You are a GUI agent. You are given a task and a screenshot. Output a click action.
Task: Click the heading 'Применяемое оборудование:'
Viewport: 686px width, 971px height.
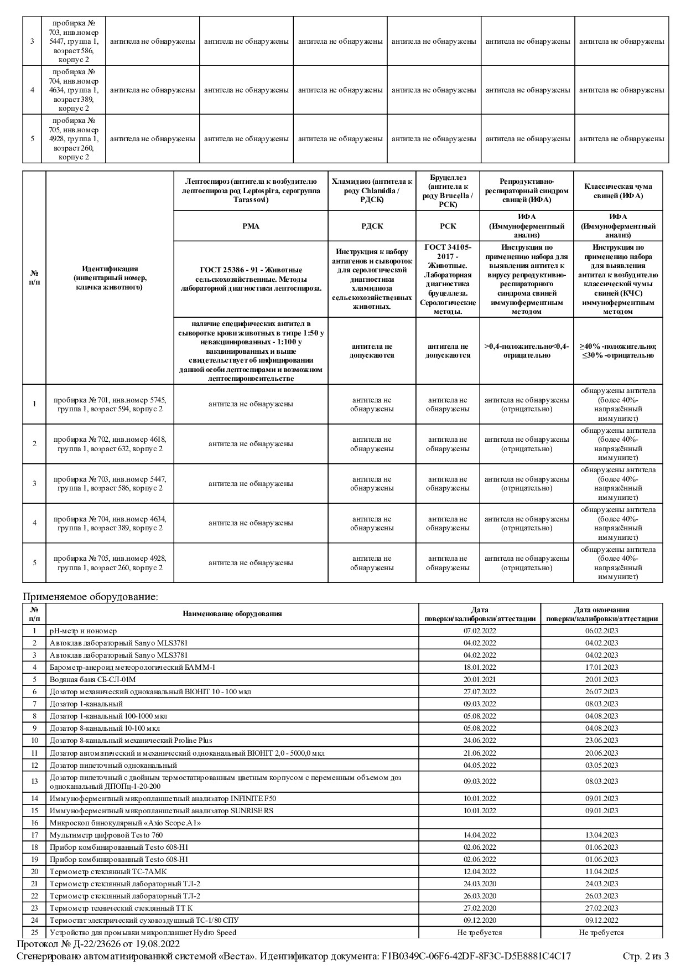coord(90,597)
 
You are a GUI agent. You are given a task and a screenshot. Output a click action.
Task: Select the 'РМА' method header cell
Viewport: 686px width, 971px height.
coord(251,226)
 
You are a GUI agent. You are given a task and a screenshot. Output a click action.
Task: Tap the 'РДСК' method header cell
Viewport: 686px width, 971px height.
coord(372,226)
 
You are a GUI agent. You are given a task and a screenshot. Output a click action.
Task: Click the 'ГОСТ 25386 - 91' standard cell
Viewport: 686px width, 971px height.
coord(251,279)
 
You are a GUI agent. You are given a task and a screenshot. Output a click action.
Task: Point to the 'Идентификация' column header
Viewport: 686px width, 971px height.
coord(110,278)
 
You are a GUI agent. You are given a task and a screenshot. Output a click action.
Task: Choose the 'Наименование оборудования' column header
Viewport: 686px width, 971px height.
coord(232,613)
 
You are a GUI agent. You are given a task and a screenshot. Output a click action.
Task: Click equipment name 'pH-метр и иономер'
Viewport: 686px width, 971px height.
coord(83,631)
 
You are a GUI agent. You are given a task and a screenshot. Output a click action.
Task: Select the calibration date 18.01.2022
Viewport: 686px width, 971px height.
coord(480,667)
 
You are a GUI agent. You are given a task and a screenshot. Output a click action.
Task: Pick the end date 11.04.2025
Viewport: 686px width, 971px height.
coord(601,871)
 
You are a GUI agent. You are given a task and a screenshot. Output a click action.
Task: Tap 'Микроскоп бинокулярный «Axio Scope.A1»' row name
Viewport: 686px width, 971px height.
coord(125,823)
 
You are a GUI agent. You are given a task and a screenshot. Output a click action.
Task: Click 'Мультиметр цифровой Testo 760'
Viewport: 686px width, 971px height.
coord(106,835)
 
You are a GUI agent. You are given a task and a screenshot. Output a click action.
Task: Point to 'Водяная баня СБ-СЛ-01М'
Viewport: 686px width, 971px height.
coord(92,679)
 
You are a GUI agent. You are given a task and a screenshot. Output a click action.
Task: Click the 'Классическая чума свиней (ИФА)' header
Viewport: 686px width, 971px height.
coord(618,191)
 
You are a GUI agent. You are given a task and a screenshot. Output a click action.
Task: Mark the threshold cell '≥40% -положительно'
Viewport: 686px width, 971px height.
coord(618,350)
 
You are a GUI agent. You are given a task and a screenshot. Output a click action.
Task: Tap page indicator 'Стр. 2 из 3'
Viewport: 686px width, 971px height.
coord(646,956)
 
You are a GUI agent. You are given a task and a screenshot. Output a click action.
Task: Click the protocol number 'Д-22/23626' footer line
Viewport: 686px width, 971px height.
coord(98,944)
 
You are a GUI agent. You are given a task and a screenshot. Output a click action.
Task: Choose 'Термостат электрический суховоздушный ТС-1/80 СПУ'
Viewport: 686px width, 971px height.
coord(144,920)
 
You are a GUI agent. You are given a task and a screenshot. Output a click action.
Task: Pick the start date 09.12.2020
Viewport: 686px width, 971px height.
coord(480,920)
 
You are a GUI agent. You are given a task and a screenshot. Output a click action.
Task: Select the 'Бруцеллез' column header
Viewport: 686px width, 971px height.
coord(448,191)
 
